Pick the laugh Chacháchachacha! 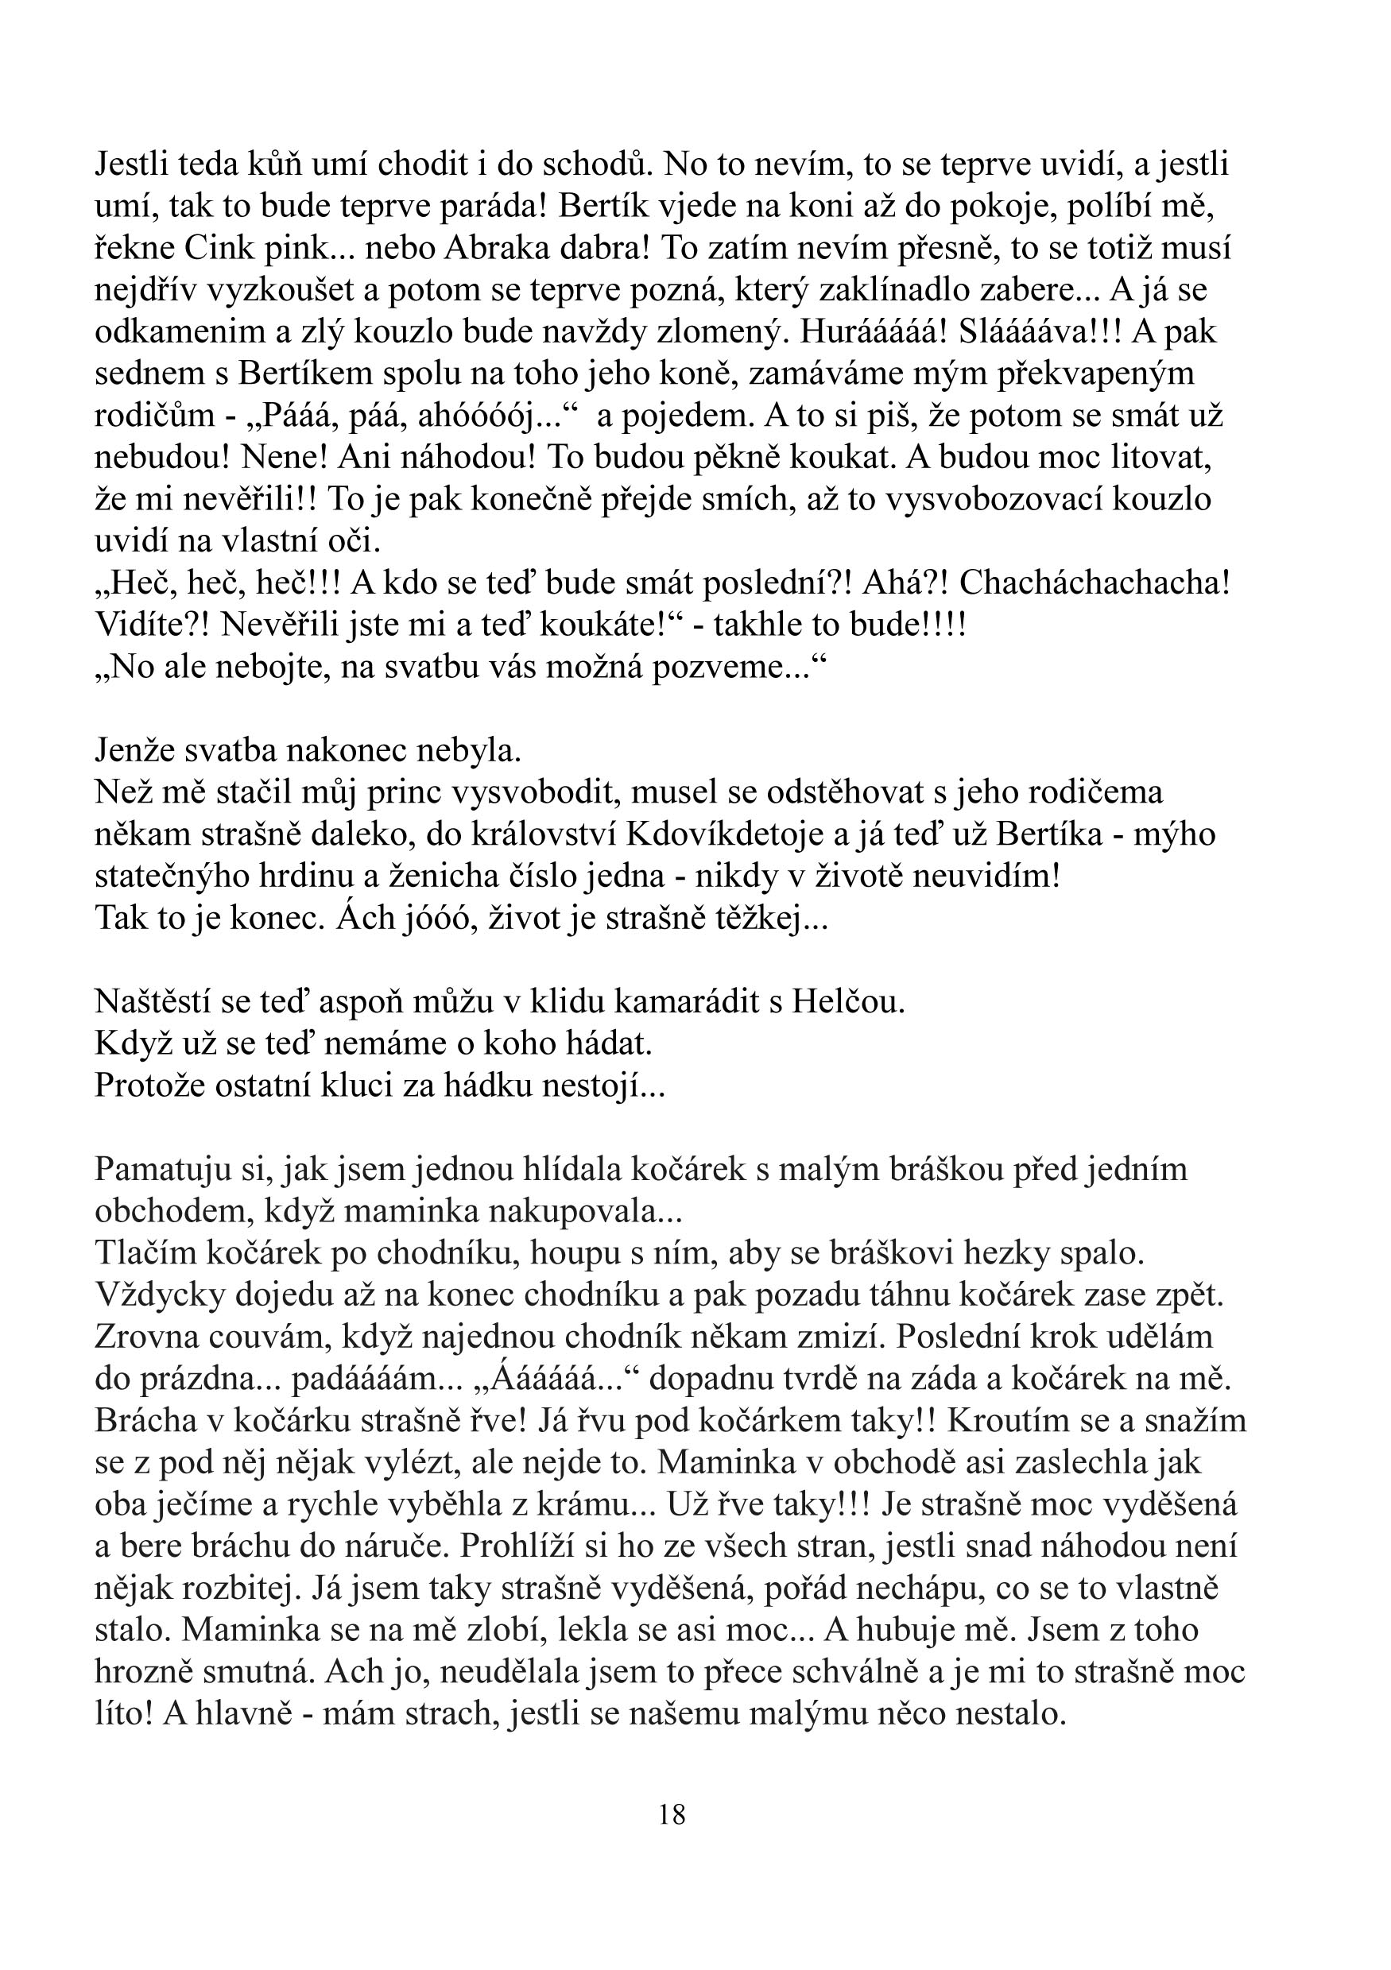point(1094,583)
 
